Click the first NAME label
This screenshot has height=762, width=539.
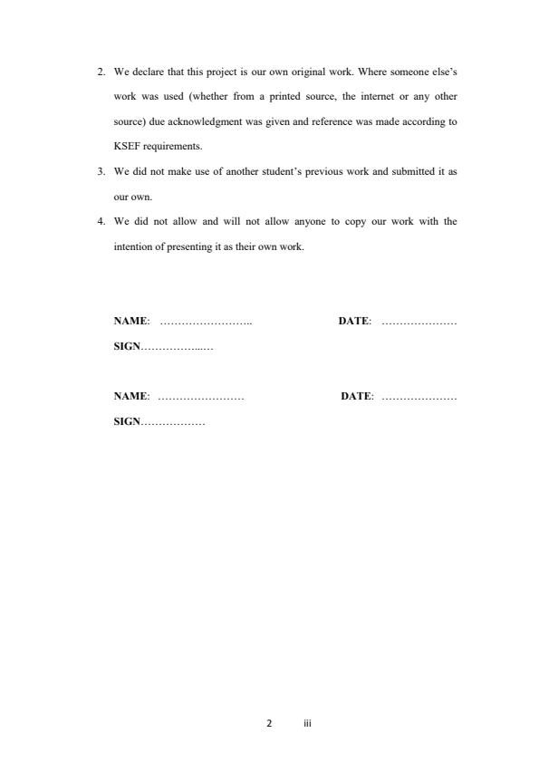click(130, 321)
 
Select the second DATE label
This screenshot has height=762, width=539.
click(356, 397)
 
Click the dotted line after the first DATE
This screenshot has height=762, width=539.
click(419, 322)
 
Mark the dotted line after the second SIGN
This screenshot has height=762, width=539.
click(173, 422)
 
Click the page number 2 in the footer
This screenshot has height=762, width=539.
click(269, 725)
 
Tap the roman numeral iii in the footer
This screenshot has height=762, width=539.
click(307, 725)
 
